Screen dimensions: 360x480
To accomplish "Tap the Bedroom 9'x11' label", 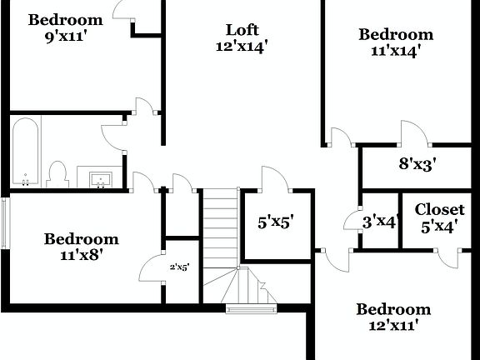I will point(65,27).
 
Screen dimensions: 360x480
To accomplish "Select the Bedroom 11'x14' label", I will point(396,42).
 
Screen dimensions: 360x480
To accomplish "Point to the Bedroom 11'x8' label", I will point(81,247).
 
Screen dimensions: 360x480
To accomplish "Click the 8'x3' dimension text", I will point(419,164).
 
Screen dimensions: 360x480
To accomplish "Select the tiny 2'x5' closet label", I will point(180,267).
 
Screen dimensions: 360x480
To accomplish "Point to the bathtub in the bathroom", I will point(25,152).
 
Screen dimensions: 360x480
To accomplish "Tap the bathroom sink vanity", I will point(100,177).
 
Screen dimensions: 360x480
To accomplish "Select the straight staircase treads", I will point(221,229).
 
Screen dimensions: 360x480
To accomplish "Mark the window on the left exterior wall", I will point(5,222).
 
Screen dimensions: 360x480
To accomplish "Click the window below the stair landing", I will point(251,310).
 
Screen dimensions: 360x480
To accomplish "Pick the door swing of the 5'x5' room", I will point(274,179).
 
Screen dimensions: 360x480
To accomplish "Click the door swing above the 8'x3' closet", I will point(414,132).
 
